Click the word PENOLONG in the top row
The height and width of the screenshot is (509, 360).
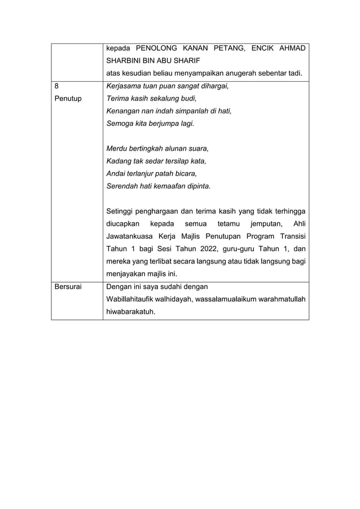(158, 48)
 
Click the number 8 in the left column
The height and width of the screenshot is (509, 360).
(56, 86)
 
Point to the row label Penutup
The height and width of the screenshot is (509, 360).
(68, 98)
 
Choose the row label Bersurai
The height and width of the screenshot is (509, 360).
(68, 287)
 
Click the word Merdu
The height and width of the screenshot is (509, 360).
(117, 148)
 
